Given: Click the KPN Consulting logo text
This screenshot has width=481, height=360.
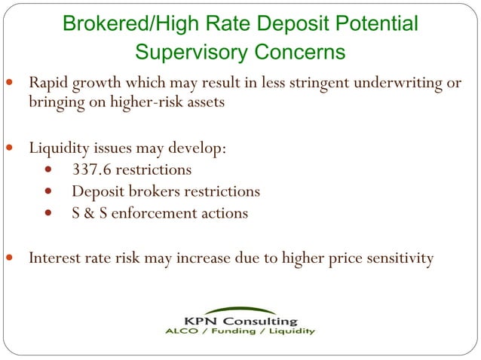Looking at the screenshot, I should coord(240,321).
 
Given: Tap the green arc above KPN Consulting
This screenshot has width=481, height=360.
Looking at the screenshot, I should coord(240,310).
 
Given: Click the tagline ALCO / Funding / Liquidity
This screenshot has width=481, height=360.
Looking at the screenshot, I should coord(240,331).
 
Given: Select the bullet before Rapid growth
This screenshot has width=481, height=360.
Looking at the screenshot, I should coord(8,81).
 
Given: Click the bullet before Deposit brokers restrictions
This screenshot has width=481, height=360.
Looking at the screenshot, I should coord(50,192).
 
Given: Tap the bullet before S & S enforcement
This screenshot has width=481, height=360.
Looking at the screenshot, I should coord(50,214).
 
